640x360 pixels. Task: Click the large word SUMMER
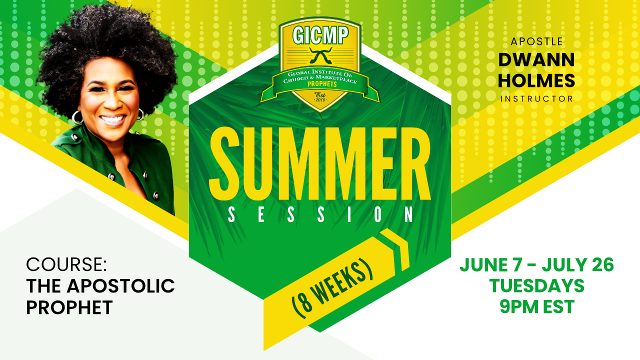pos(320,163)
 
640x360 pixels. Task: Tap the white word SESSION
pos(320,214)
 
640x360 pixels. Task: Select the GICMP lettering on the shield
pos(320,35)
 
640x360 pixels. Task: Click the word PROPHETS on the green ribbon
pos(322,84)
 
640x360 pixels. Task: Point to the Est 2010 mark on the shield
pos(320,97)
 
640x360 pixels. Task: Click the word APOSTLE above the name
pos(536,41)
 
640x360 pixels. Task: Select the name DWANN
pos(536,60)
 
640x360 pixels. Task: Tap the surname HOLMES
pos(536,80)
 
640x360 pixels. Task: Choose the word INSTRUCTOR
pos(536,99)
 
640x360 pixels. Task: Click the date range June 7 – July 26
pos(536,265)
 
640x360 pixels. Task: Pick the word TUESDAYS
pos(536,285)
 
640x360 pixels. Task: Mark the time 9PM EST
pos(537,306)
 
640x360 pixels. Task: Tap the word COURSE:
pos(66,264)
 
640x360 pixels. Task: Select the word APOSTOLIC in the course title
pos(120,285)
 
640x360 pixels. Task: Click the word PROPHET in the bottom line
pos(69,307)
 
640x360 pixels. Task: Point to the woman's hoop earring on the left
pos(77,117)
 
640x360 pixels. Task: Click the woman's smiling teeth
pos(112,119)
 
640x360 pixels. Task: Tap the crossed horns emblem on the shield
pos(320,55)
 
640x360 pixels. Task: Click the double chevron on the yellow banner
pos(395,249)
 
